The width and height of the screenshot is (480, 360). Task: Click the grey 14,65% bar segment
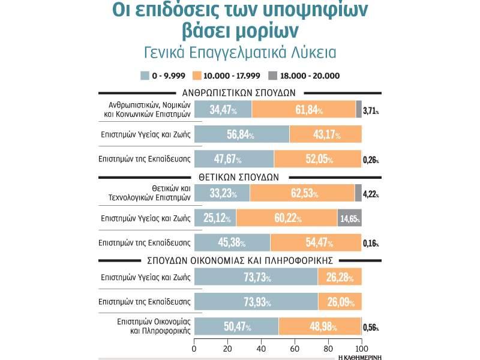[350, 218]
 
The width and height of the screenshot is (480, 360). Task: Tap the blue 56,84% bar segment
[242, 134]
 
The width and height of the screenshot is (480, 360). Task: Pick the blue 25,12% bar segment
[215, 218]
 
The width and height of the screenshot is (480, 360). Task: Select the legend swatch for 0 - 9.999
[145, 76]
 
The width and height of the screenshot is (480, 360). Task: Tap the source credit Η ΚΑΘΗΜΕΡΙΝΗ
[360, 356]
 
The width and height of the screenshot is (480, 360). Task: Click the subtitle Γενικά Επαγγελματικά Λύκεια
[240, 52]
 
